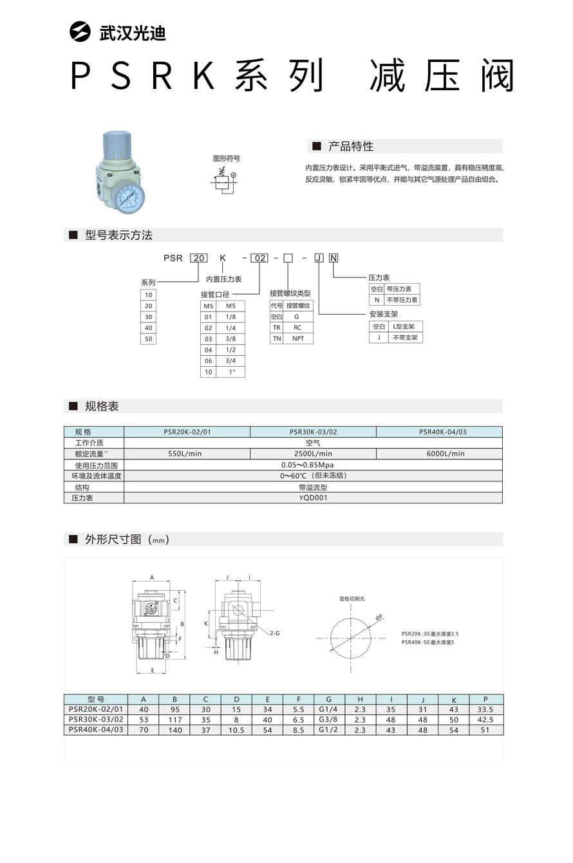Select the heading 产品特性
click(350, 146)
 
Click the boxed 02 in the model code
click(259, 258)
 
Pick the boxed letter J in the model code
click(319, 258)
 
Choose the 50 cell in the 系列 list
click(149, 339)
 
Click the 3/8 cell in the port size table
click(230, 339)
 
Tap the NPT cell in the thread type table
click(297, 339)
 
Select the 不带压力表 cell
click(402, 300)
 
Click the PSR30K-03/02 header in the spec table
click(313, 432)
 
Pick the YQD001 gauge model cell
click(313, 497)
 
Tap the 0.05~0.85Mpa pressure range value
click(313, 465)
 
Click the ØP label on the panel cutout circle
click(379, 617)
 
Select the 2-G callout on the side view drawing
click(275, 633)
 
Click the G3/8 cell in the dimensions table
click(329, 719)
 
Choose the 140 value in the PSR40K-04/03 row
click(174, 730)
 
